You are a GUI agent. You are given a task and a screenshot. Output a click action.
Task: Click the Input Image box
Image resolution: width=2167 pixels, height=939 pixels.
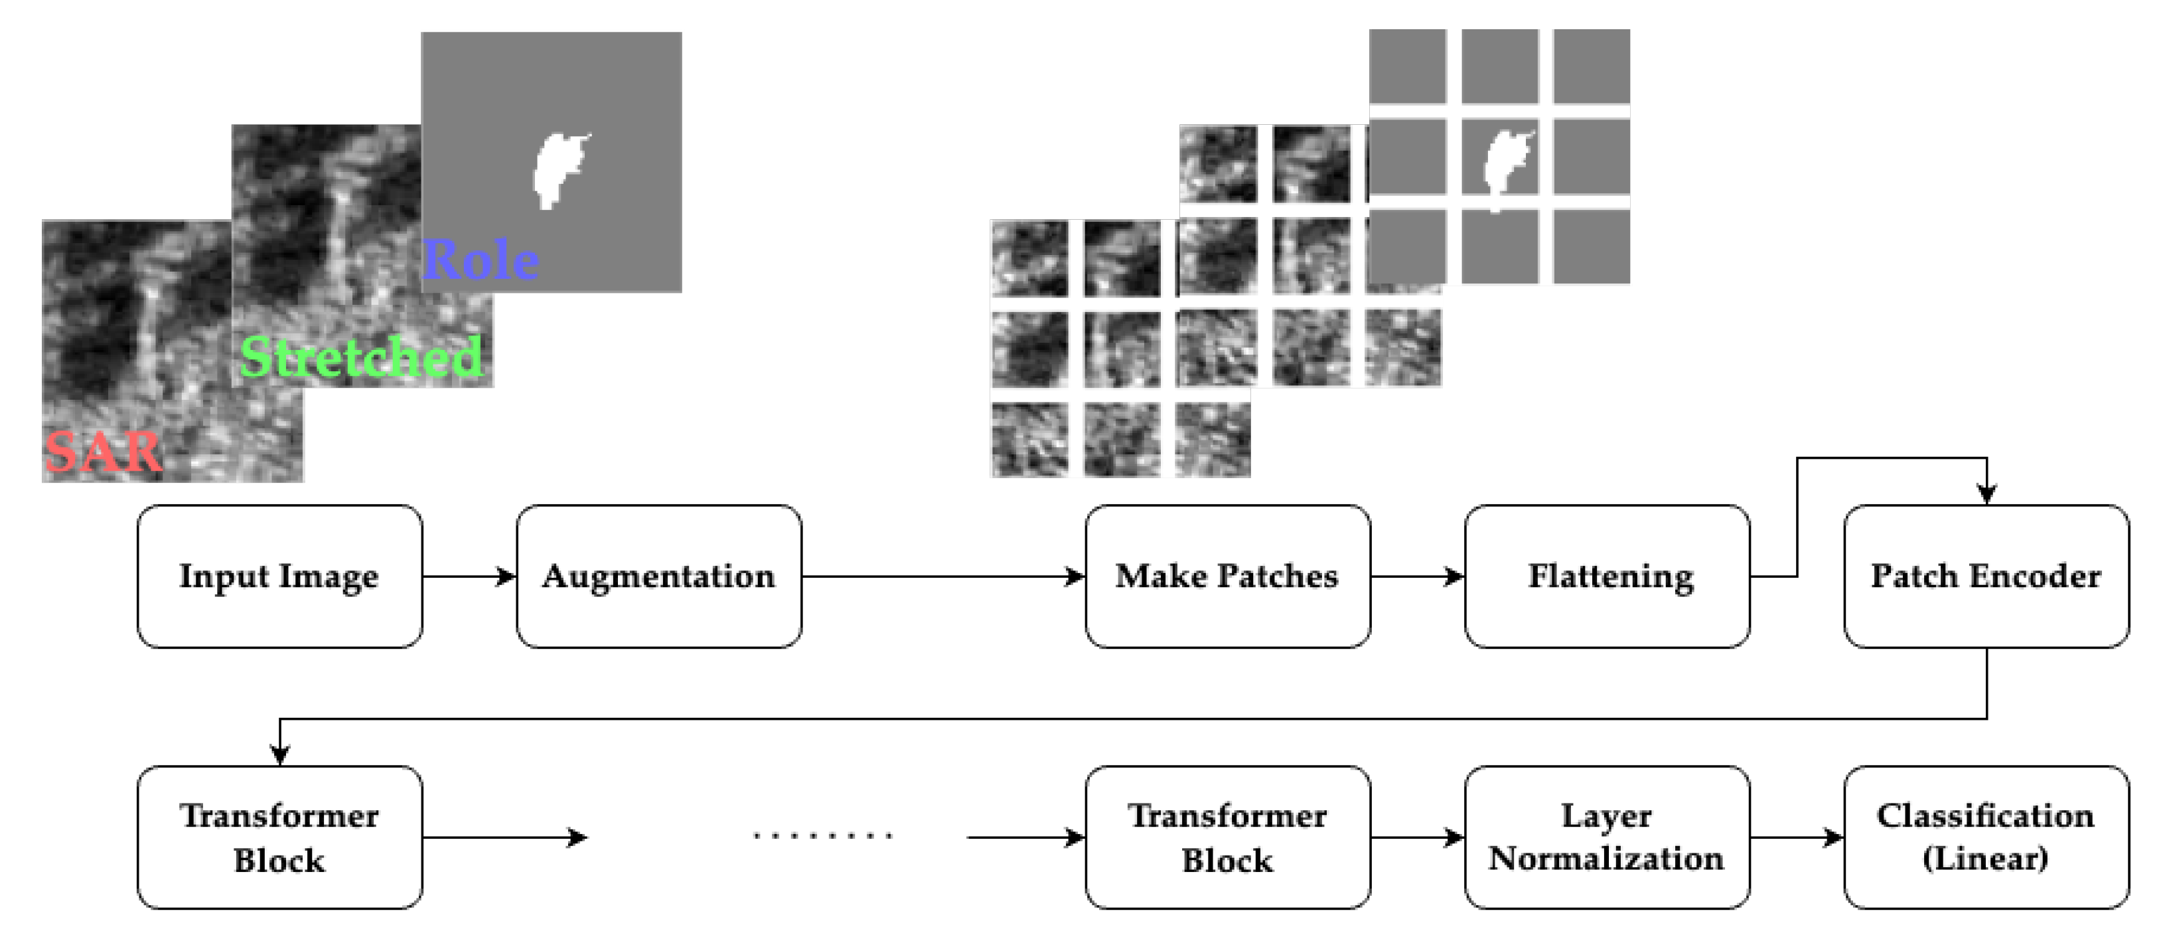(279, 576)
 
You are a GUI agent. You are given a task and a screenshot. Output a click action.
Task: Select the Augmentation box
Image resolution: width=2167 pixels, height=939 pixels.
(658, 576)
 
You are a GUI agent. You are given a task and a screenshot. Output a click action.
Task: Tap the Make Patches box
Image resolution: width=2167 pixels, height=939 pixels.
(1227, 576)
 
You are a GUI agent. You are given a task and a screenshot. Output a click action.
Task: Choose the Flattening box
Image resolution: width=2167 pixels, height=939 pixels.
(1607, 576)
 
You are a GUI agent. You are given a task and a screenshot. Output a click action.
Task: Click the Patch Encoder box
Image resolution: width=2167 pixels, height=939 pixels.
(1986, 576)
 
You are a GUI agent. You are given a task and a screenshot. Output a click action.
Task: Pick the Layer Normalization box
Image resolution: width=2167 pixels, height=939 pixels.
(1607, 837)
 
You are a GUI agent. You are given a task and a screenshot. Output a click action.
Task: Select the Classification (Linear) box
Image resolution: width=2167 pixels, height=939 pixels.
(1986, 837)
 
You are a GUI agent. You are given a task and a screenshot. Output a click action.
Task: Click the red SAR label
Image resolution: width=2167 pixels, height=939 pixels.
(103, 452)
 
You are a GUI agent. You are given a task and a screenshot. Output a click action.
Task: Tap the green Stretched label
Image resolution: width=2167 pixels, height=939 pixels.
(362, 357)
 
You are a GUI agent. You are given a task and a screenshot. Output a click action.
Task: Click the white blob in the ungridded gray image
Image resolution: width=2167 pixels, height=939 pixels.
(557, 168)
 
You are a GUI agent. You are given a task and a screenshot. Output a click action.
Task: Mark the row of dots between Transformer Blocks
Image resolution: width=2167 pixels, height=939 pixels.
(823, 836)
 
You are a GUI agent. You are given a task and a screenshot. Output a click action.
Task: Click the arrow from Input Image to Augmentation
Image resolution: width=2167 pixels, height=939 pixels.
(469, 576)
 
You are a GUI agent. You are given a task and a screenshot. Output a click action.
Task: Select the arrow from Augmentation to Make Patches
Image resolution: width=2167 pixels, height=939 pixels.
(942, 576)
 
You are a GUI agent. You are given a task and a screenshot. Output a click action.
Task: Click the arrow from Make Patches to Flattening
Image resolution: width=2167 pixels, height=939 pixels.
(1418, 576)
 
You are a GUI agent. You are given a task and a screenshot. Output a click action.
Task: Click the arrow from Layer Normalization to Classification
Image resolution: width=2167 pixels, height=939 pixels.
(1797, 837)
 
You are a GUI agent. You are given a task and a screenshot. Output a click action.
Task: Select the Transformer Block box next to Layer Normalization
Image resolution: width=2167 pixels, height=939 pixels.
(1227, 837)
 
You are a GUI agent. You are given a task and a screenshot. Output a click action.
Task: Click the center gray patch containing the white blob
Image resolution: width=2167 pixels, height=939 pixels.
(1500, 157)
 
